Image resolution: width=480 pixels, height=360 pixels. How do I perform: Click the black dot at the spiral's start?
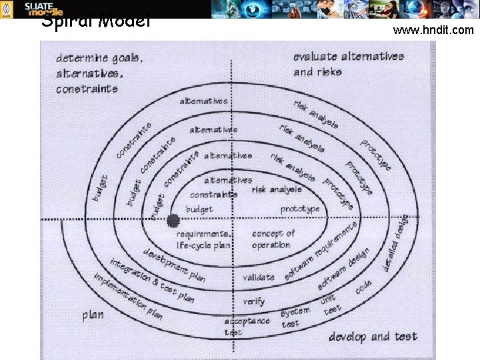point(174,220)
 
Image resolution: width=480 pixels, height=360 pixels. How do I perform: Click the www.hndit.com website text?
point(433,30)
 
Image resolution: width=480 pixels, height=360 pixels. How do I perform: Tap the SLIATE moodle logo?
point(44,9)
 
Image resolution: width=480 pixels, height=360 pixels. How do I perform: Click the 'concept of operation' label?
point(273,239)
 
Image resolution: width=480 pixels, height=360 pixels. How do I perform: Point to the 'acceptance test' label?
point(247,326)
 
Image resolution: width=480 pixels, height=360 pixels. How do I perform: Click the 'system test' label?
point(295,317)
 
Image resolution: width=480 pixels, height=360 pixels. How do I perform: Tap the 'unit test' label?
point(331,305)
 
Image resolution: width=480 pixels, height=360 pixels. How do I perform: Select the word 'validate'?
point(258,277)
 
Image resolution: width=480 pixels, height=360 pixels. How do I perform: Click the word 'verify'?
point(253,301)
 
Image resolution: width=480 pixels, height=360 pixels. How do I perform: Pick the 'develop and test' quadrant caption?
point(373,336)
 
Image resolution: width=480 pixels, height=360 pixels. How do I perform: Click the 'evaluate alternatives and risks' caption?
point(348,64)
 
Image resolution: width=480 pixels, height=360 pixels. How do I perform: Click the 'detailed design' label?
point(396,243)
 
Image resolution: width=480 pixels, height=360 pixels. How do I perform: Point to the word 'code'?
point(363,286)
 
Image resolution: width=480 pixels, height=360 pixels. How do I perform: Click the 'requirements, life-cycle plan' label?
point(203,239)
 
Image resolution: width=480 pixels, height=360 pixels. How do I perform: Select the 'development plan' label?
point(174,264)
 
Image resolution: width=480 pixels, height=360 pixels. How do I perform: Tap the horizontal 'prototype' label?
point(300,209)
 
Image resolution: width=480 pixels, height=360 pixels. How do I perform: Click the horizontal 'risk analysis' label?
point(277,190)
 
